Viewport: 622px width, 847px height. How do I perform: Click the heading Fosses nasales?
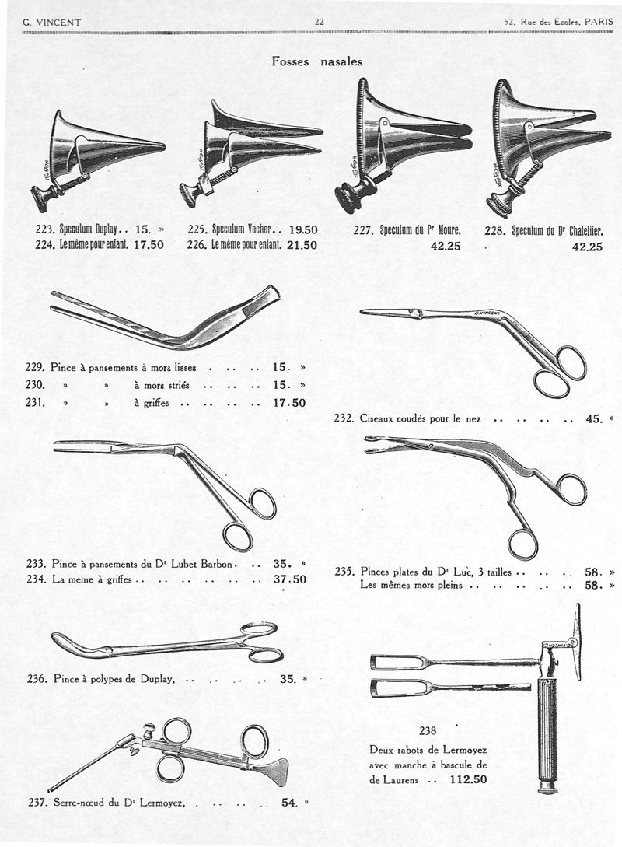pos(317,61)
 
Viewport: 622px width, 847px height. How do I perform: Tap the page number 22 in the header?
pos(319,22)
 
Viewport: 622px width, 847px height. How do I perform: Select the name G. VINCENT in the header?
pos(52,23)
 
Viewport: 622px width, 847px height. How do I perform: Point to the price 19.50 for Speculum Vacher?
pos(303,229)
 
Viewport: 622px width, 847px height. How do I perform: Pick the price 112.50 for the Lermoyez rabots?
pos(468,779)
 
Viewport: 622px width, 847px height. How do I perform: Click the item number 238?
pos(428,731)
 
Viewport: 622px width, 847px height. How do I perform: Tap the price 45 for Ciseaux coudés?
pos(594,418)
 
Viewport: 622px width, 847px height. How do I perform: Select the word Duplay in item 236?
pos(158,679)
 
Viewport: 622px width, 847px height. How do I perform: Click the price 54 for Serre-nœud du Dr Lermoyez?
pos(289,803)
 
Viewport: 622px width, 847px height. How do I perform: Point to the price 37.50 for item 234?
pos(290,579)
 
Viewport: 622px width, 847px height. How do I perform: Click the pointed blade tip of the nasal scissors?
pos(362,311)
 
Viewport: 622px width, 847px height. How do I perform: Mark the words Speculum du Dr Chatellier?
pos(557,231)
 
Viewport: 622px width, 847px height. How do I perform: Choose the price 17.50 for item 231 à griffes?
pos(289,403)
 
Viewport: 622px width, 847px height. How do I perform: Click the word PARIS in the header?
pos(599,23)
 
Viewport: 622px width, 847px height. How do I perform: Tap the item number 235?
pos(344,572)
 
